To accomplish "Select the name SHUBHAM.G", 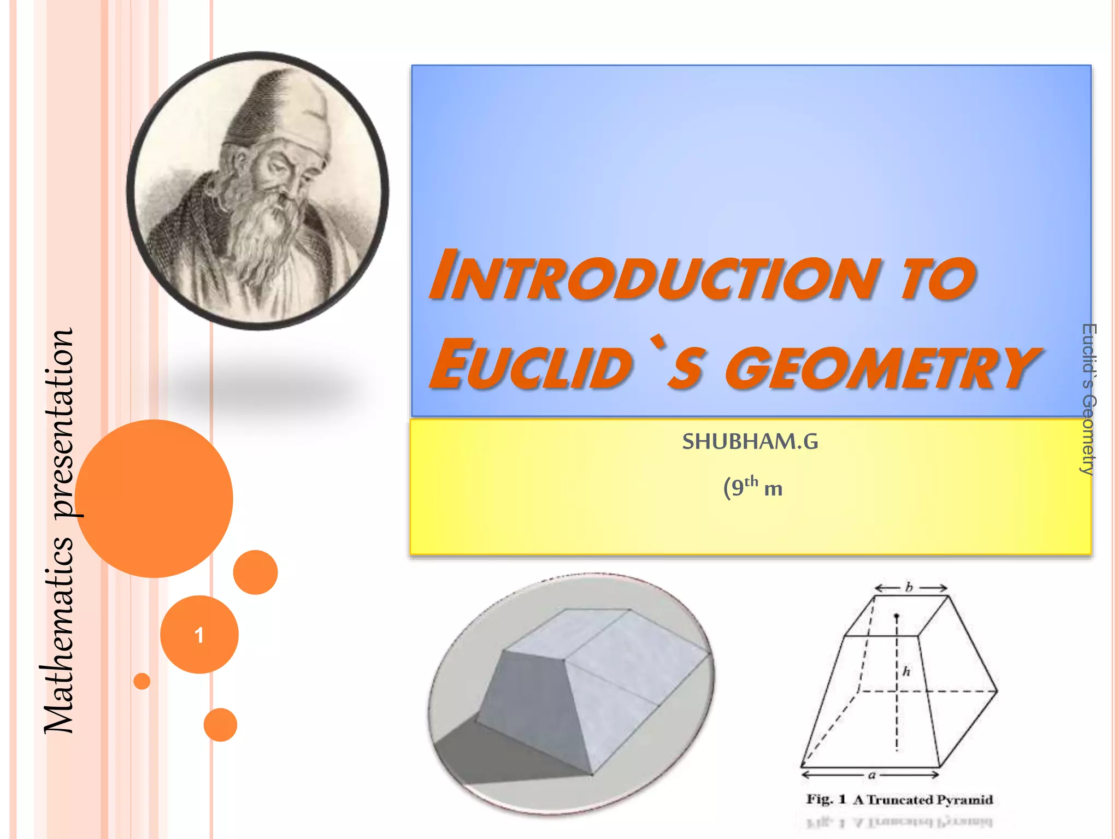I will click(x=750, y=441).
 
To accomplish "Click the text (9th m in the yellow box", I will click(x=752, y=487).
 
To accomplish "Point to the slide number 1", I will click(x=199, y=635).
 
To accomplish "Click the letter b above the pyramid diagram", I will click(x=909, y=588).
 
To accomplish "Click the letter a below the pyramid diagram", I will click(x=872, y=775).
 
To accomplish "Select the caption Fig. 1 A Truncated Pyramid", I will click(x=899, y=800).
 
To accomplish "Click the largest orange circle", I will click(x=154, y=498).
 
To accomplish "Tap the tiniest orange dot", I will click(x=142, y=681).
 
